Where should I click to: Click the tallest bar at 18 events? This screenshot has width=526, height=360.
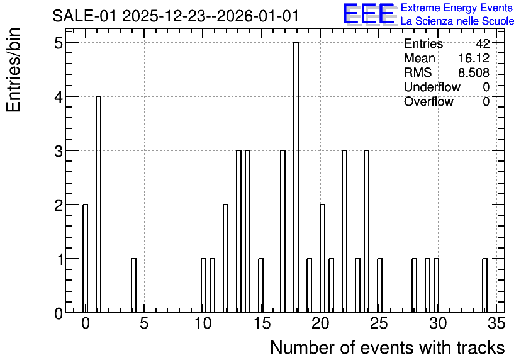tap(296, 177)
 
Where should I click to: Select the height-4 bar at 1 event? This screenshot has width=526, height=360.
tap(98, 205)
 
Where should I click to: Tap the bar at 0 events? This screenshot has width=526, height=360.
tap(85, 258)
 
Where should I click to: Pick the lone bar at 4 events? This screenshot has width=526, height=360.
tap(133, 286)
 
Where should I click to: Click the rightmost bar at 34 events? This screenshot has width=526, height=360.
tap(484, 286)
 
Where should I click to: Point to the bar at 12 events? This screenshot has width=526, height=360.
tap(225, 258)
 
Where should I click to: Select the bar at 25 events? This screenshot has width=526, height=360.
tap(380, 286)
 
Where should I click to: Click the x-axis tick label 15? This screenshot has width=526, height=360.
tap(262, 323)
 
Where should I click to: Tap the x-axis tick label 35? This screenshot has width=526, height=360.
tap(496, 323)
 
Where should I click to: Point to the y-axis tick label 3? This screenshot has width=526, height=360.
tap(59, 151)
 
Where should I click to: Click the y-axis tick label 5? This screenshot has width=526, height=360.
tap(59, 43)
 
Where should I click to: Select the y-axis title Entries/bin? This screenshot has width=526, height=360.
tap(14, 70)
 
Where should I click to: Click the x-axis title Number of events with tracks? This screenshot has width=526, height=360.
tap(388, 347)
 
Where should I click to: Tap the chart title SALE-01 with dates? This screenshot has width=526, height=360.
tap(176, 16)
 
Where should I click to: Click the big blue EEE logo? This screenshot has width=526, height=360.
tap(369, 14)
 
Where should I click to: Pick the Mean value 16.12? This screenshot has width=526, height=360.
tap(474, 58)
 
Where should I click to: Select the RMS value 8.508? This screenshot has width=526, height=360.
tap(474, 72)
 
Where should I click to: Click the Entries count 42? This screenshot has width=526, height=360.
tap(483, 43)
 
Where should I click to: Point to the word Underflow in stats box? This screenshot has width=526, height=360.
tap(432, 87)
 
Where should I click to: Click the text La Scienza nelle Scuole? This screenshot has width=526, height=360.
tap(457, 21)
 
